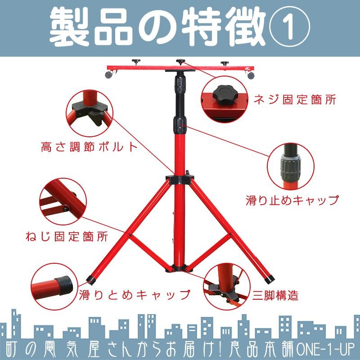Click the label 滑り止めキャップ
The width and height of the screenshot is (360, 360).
click(x=292, y=199)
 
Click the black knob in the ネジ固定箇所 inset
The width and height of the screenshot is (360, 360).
click(x=225, y=94)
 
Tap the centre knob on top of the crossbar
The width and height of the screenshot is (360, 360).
click(x=180, y=62)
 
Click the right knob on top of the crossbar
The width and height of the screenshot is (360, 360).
click(x=224, y=63)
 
